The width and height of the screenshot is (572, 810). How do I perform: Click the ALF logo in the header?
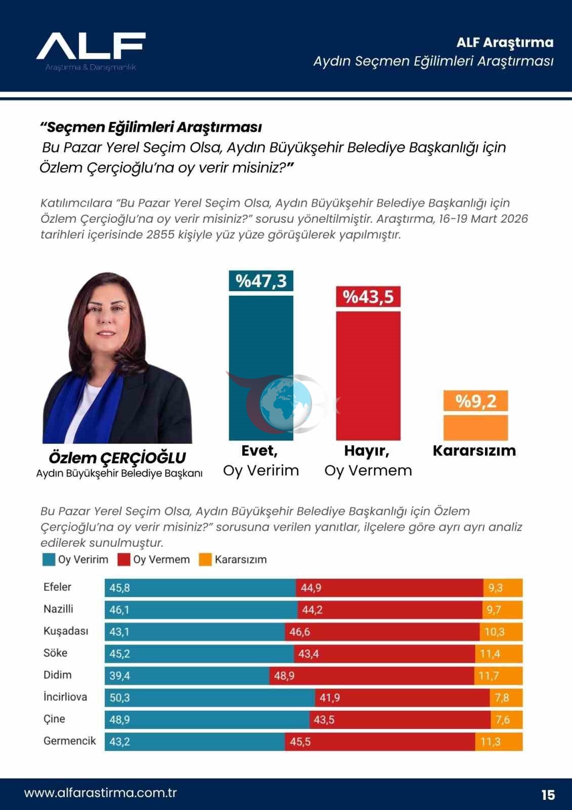pyautogui.click(x=91, y=47)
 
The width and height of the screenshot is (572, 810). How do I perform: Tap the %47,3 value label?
pyautogui.click(x=261, y=281)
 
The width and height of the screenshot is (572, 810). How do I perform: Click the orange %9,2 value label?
pyautogui.click(x=475, y=401)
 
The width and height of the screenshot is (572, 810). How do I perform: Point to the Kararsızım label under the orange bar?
pyautogui.click(x=474, y=451)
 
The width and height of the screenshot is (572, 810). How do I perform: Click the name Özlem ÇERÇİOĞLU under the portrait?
pyautogui.click(x=117, y=458)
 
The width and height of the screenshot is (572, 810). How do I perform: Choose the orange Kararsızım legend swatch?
pyautogui.click(x=205, y=560)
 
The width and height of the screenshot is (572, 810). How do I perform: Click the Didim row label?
pyautogui.click(x=58, y=675)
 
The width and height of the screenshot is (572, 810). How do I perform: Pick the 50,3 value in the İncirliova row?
pyautogui.click(x=120, y=698)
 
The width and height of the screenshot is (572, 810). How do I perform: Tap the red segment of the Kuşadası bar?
pyautogui.click(x=382, y=632)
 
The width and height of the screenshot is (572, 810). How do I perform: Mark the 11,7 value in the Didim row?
pyautogui.click(x=489, y=676)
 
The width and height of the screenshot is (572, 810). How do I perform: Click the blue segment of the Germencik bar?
pyautogui.click(x=195, y=742)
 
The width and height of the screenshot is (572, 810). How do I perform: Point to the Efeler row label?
pyautogui.click(x=58, y=587)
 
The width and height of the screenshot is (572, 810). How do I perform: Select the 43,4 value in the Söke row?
pyautogui.click(x=309, y=654)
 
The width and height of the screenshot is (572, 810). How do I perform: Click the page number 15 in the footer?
pyautogui.click(x=548, y=795)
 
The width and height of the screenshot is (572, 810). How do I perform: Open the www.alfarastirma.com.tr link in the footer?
pyautogui.click(x=101, y=793)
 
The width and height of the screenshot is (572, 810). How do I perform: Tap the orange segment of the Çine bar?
pyautogui.click(x=506, y=719)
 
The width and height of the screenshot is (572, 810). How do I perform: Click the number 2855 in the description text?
pyautogui.click(x=160, y=235)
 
